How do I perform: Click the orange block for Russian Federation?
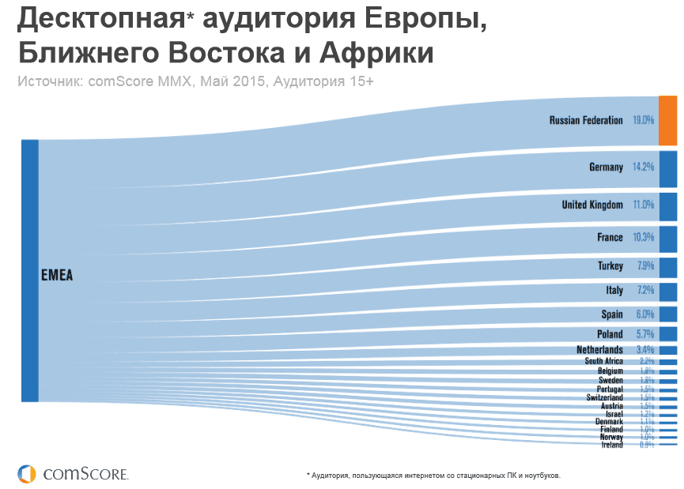pos(667,120)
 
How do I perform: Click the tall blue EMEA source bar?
pos(29,270)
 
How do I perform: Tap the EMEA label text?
pos(56,276)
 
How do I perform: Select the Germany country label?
pos(606,167)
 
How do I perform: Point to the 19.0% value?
pos(643,120)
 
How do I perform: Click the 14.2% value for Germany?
pos(643,167)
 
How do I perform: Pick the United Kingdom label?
pos(592,205)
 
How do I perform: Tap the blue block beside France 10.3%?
pos(667,237)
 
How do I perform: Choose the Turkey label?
pos(610,266)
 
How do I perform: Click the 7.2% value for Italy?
pos(644,291)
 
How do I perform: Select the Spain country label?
pos(612,314)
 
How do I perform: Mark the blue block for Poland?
pos(667,334)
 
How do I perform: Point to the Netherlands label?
pos(599,349)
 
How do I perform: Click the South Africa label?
pos(603,361)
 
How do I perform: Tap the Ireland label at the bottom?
pos(612,445)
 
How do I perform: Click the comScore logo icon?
pos(27,473)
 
